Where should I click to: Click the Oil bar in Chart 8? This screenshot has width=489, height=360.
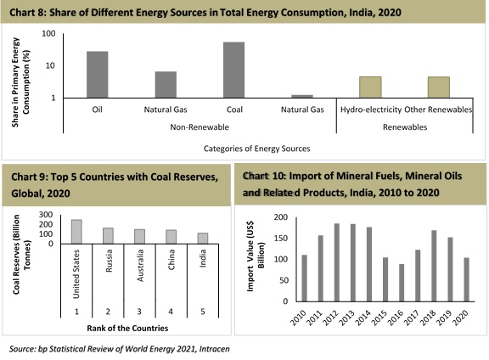[x=98, y=75]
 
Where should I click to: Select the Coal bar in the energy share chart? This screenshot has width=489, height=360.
[x=234, y=70]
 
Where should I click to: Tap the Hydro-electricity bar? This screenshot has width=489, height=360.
[x=370, y=87]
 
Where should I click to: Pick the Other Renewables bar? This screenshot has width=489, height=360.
[x=438, y=87]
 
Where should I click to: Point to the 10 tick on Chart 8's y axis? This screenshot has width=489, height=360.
[x=50, y=66]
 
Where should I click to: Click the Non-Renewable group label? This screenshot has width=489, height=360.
[x=200, y=127]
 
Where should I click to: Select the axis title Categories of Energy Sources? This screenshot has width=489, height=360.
[x=257, y=149]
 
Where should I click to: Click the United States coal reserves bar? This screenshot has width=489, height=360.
[x=76, y=232]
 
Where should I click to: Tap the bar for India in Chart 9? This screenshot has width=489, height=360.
[x=203, y=239]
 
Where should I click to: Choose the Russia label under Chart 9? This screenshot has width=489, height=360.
[x=109, y=261]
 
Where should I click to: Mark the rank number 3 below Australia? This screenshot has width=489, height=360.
[x=139, y=312]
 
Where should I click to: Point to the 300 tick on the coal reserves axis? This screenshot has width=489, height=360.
[x=46, y=215]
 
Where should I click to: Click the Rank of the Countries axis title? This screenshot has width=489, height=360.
[x=127, y=329]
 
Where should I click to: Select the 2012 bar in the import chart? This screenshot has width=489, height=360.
[x=337, y=262]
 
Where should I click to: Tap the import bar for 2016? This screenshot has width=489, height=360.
[x=402, y=283]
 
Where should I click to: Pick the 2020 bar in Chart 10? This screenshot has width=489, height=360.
[x=467, y=279]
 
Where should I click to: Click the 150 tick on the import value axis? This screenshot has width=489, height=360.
[x=281, y=239]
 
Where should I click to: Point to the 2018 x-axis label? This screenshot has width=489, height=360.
[x=428, y=318]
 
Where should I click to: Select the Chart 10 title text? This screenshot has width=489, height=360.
[x=352, y=184]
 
